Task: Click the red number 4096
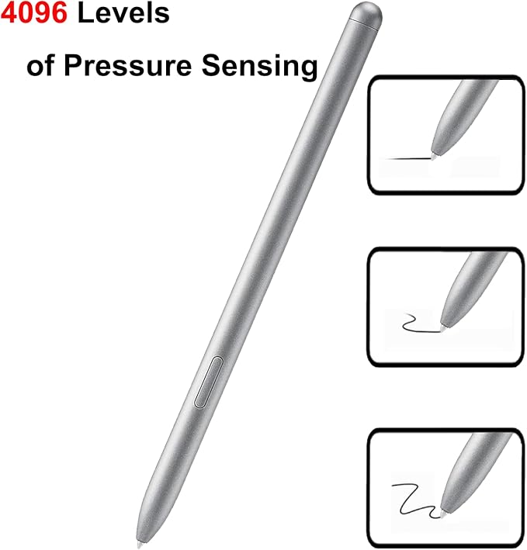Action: tap(34, 13)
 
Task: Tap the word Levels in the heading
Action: tap(123, 13)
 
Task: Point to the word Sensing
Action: tap(260, 67)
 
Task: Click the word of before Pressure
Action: tap(40, 65)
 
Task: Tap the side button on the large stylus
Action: tap(209, 382)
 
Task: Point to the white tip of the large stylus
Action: tap(140, 545)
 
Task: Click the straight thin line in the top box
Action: tap(409, 158)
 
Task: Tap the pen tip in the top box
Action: tap(435, 156)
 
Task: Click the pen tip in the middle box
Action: tap(444, 328)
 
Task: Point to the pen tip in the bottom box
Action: tap(443, 514)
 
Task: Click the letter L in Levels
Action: tap(85, 13)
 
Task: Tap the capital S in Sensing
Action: tap(210, 66)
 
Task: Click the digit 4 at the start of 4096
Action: tap(9, 13)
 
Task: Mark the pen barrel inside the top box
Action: tap(463, 116)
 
